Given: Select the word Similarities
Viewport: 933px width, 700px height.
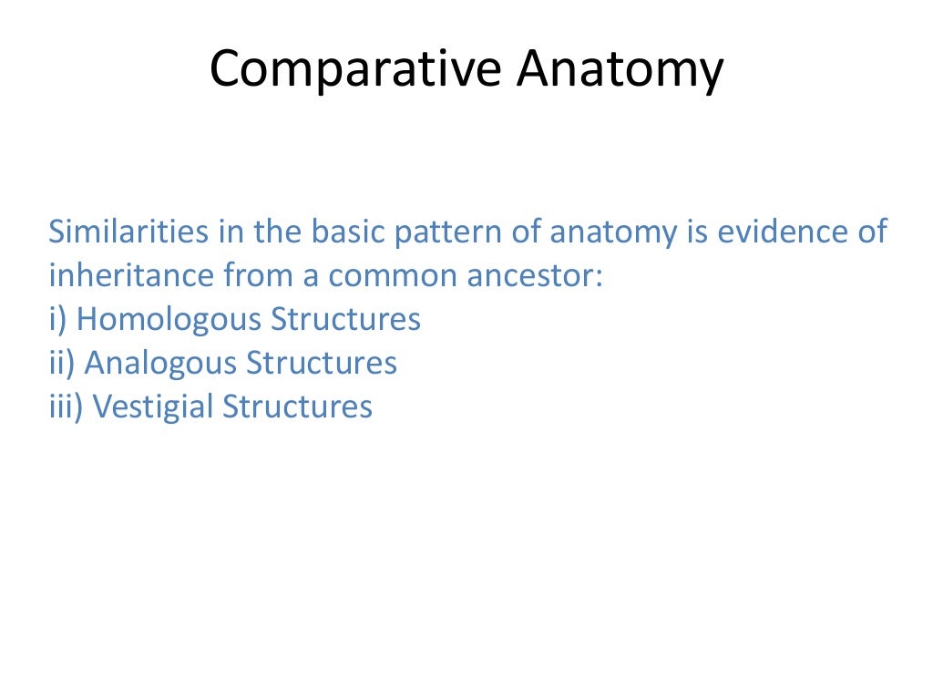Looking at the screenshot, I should coord(127,232).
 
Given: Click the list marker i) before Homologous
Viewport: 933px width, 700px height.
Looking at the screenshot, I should coord(59,319).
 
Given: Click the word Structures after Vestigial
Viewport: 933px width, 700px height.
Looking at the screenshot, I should coord(298,407).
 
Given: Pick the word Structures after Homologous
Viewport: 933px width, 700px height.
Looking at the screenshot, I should coord(346,319).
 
